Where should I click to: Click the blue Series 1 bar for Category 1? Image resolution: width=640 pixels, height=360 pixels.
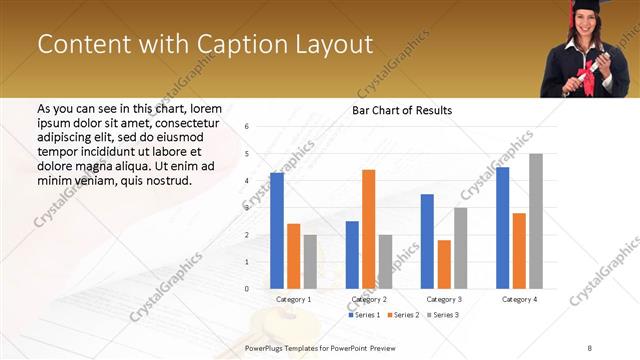point(277,231)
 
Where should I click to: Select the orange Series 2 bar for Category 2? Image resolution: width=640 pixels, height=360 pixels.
point(368,229)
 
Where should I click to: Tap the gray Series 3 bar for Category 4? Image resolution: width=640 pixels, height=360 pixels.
point(536,221)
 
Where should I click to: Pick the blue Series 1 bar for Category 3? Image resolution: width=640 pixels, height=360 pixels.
point(427,241)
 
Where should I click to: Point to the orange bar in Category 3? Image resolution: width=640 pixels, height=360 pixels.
point(444,264)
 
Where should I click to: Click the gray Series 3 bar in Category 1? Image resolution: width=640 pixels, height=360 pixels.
point(310,262)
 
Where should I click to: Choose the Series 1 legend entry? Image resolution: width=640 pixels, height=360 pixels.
point(363,315)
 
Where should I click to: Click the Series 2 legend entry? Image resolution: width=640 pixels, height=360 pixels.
point(404,315)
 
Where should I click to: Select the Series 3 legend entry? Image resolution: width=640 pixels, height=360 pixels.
point(444,315)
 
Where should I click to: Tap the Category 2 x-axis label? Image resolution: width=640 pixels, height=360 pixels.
point(369,299)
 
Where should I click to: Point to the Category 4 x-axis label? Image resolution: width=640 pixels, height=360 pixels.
point(519,299)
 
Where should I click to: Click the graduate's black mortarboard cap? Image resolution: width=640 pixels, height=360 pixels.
point(584,7)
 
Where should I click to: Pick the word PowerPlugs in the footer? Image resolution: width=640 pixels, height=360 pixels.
point(268,347)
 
